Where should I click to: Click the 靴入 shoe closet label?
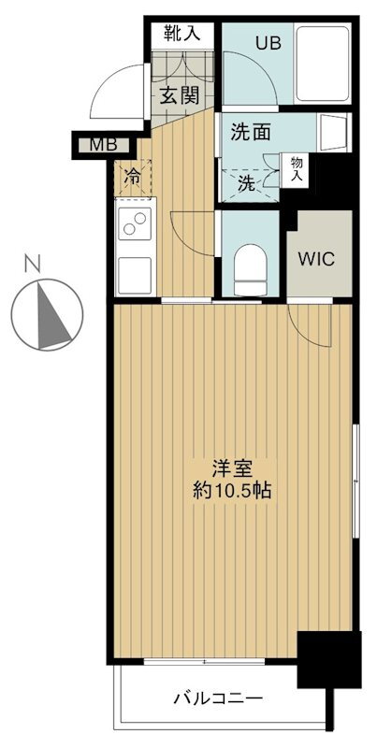(182, 34)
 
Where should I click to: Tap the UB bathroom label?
(271, 44)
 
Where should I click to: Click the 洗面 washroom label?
(251, 133)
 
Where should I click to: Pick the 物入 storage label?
(296, 167)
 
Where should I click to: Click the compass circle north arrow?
(47, 313)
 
